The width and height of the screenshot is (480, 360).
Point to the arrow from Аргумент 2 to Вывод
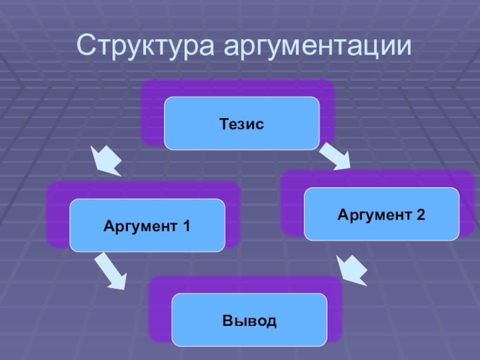pyautogui.click(x=352, y=270)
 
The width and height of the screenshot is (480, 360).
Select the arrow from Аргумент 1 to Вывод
pyautogui.click(x=112, y=271)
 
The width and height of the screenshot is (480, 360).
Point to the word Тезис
pyautogui.click(x=242, y=124)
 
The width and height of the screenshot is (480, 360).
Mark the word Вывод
pyautogui.click(x=250, y=321)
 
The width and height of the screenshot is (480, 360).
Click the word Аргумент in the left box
pyautogui.click(x=140, y=226)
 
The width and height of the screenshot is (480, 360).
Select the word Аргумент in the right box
pyautogui.click(x=374, y=214)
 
